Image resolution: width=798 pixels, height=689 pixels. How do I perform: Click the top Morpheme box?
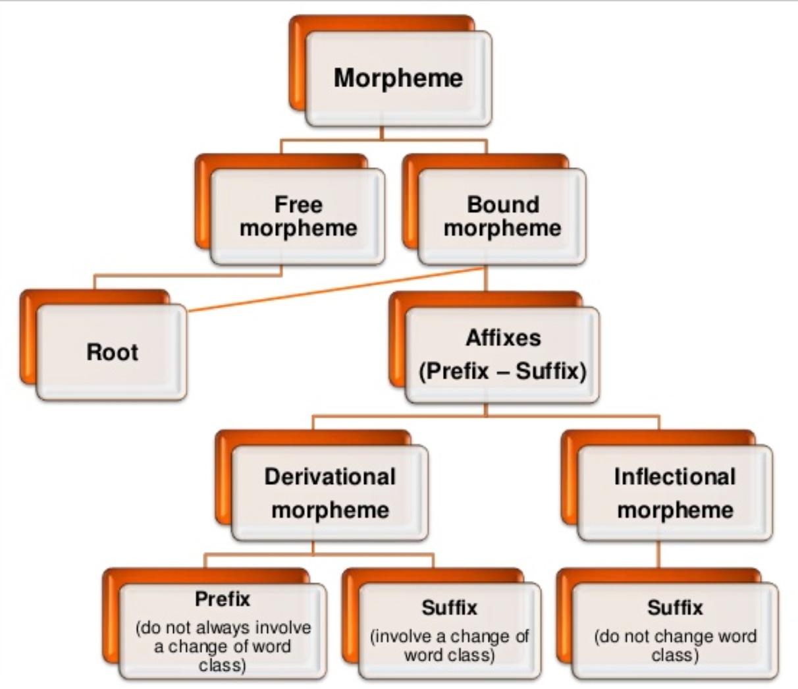pos(398,78)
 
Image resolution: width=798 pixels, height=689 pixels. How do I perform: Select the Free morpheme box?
pos(298,217)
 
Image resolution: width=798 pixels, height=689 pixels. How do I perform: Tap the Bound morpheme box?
pos(502,217)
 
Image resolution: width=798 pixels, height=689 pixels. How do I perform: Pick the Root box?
pos(112,352)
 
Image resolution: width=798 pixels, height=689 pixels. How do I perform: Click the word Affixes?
pos(503,338)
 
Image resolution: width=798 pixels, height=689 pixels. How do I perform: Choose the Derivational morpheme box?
pos(330,493)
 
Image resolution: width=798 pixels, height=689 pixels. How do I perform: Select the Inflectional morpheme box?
pos(675,493)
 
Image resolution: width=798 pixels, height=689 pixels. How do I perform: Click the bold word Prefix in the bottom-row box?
pos(223,599)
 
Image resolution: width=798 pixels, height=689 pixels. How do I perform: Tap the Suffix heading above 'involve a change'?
pos(450,607)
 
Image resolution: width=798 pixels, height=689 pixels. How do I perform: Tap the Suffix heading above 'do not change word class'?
pos(675,607)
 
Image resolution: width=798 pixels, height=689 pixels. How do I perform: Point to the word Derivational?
pos(330,476)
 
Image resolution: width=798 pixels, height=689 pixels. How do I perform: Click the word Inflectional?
pos(675,476)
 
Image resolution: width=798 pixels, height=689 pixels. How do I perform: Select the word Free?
pos(298,204)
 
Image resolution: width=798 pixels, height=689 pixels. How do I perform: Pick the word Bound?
pos(503,204)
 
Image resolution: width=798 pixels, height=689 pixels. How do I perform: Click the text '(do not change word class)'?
pos(675,646)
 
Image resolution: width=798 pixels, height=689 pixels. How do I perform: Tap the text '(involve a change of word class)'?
pos(450,646)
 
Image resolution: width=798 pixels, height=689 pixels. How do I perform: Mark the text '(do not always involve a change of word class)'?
pos(223,646)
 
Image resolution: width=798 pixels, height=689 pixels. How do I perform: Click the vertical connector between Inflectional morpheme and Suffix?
pos(658,555)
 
